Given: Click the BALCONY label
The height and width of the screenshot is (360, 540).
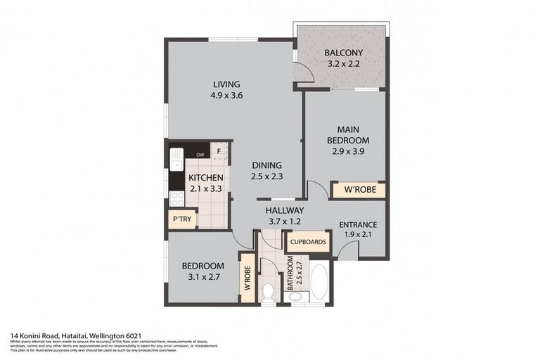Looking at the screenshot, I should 342,53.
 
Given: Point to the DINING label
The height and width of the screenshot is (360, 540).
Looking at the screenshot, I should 266,166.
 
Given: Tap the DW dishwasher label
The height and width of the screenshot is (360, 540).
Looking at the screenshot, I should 200,155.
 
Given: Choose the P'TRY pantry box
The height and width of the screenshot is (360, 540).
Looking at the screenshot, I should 181,219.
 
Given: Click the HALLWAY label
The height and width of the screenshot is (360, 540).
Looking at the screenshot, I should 284,210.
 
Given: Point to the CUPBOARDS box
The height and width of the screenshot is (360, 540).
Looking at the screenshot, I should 307,242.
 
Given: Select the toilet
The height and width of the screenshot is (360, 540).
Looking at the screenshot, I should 267,292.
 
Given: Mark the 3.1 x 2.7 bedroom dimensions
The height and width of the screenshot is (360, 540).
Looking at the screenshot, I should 202,277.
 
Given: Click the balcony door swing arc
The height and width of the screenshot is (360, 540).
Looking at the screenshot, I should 302,70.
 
